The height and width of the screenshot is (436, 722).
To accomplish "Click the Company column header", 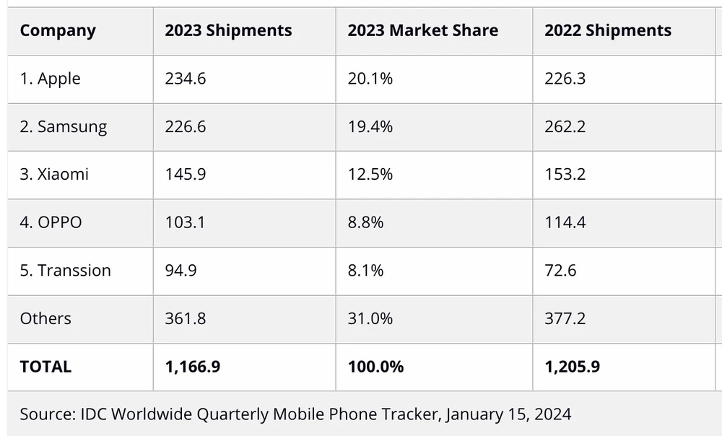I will tap(58, 30).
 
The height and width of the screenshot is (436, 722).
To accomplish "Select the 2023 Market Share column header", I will tap(422, 30).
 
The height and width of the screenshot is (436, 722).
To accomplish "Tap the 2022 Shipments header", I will tap(607, 30).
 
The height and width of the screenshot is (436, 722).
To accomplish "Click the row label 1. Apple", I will tap(50, 79).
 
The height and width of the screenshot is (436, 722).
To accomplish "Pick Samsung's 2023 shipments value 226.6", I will tap(185, 126).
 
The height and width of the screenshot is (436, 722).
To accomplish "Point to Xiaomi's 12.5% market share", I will tap(370, 174).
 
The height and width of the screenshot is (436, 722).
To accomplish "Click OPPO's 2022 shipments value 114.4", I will tap(565, 222).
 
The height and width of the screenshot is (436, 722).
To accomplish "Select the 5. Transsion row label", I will tap(65, 270).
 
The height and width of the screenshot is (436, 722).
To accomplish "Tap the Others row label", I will tap(45, 318).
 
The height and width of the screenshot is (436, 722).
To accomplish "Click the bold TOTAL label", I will tap(45, 367).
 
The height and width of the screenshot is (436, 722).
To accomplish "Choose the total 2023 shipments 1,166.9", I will tap(192, 367).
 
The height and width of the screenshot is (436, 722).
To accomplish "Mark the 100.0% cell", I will tap(375, 367).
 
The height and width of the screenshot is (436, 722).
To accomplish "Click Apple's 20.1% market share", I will tap(370, 79).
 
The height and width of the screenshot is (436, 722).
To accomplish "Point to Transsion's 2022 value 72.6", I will tap(560, 270).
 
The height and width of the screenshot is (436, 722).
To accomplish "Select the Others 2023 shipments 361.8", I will tap(185, 318).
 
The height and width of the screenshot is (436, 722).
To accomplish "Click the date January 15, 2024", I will tap(508, 414).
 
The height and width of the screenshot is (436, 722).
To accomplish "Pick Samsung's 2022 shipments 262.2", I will tap(565, 126).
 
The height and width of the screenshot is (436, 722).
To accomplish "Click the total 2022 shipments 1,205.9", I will tap(572, 367).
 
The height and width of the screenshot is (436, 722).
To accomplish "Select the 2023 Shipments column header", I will tap(228, 30).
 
